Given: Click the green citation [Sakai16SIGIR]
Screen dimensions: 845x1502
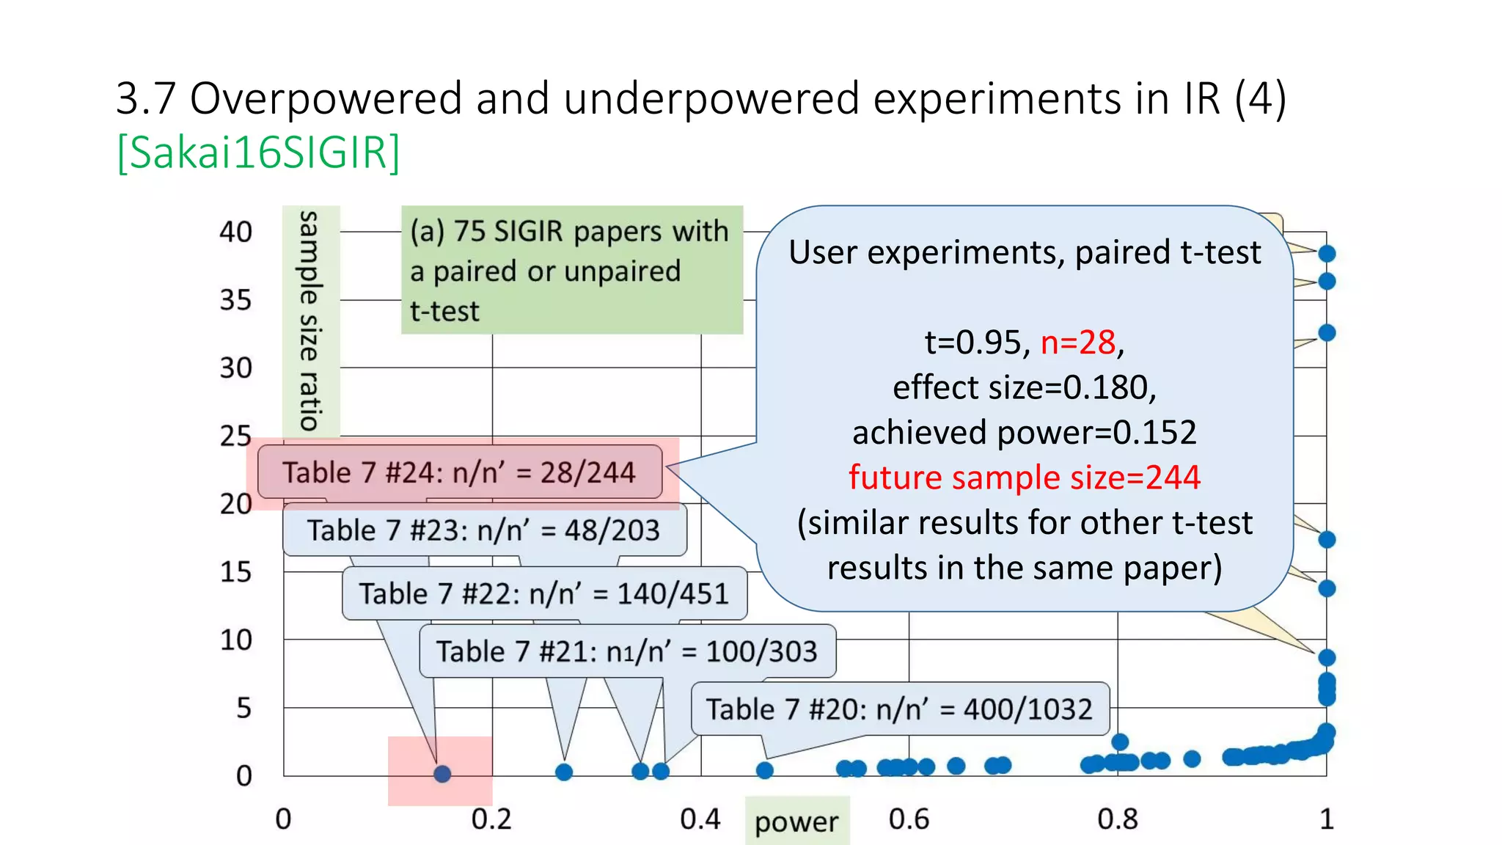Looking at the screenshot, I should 258,153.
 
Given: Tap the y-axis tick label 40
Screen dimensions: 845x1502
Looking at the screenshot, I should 235,233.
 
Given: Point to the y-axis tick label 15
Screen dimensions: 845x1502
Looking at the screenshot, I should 235,572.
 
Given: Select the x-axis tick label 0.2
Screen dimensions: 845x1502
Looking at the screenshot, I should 491,819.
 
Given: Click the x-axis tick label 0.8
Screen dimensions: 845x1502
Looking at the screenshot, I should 1117,819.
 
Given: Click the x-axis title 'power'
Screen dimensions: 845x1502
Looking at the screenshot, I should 796,822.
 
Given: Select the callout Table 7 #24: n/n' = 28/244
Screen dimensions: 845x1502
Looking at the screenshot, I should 459,472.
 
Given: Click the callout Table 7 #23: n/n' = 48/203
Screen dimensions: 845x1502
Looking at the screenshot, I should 484,530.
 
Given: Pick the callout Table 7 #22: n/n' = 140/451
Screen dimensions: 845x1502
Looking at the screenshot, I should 544,593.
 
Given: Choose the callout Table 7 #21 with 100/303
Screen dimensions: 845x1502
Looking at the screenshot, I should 627,651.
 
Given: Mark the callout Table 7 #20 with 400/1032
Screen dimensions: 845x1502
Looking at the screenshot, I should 899,709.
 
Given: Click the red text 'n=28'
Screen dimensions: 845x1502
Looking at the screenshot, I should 1078,343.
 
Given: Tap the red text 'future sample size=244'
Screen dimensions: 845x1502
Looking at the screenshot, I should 1024,478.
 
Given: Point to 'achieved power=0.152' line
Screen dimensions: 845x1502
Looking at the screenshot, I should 1024,432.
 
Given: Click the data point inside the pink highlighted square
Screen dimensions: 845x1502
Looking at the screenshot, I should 442,774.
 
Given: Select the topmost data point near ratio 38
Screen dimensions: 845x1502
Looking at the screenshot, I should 1327,254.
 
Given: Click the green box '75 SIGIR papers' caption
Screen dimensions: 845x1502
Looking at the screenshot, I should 571,270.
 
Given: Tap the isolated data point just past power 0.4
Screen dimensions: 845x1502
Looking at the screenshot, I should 765,770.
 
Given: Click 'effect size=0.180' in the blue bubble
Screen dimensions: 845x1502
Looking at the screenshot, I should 1024,387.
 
